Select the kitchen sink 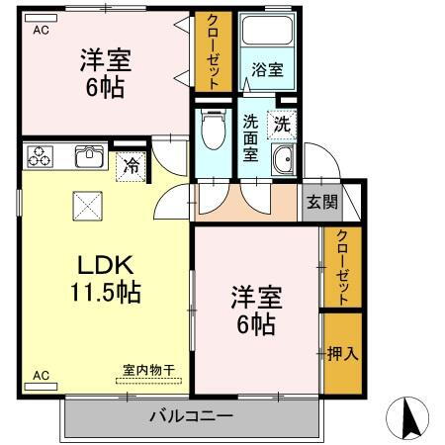click(x=88, y=157)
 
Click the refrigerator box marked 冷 click(x=130, y=165)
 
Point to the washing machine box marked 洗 click(x=282, y=126)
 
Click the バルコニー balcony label click(x=192, y=415)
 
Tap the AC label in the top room click(x=41, y=31)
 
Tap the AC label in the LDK click(x=41, y=376)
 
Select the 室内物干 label click(x=147, y=370)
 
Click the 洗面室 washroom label click(x=251, y=138)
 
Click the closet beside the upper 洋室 click(x=213, y=51)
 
